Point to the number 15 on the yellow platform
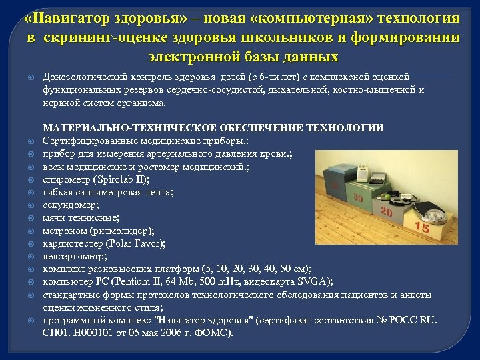coord(421,227)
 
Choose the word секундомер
coord(71,205)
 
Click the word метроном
coord(64,230)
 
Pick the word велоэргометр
coord(74,255)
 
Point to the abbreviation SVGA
coord(313,281)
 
